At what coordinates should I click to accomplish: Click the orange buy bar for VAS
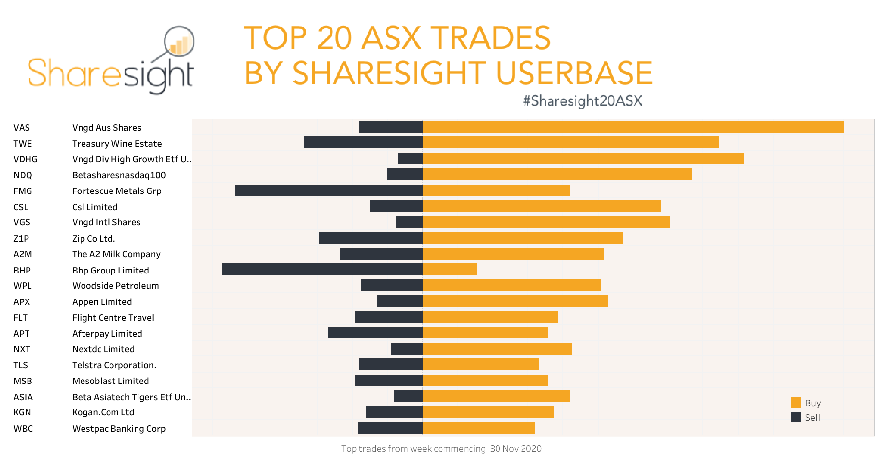[633, 127]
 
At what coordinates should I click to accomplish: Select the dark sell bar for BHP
[322, 269]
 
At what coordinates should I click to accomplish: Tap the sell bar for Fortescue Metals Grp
[329, 191]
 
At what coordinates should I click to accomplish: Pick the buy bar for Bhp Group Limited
[449, 269]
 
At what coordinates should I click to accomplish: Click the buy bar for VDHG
[582, 159]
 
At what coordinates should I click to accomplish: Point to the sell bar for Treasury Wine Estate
[363, 142]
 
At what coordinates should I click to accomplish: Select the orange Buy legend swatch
[796, 403]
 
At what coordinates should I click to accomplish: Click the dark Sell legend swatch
[796, 417]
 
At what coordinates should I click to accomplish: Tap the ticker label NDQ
[23, 175]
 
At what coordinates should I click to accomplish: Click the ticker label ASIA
[23, 397]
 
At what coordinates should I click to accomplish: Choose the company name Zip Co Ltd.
[93, 239]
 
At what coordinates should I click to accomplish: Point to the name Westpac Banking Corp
[119, 429]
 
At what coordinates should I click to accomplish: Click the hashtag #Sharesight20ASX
[582, 101]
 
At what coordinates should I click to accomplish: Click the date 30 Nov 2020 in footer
[516, 449]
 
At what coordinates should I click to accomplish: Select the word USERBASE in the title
[574, 73]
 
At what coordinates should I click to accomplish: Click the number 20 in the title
[334, 38]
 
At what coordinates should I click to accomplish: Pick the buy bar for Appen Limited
[515, 301]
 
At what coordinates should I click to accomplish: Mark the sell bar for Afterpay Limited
[375, 332]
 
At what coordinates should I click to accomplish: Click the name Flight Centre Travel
[113, 318]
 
